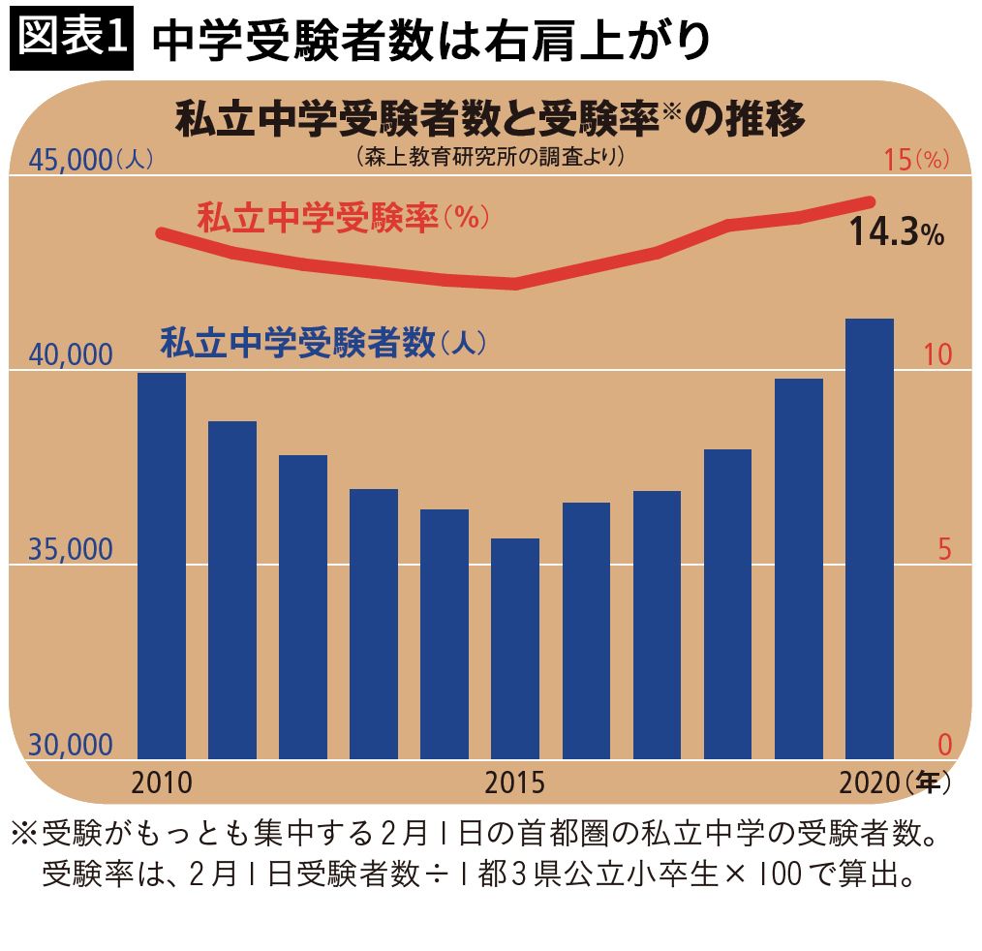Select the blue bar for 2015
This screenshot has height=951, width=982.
(515, 648)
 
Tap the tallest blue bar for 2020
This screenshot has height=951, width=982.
(869, 537)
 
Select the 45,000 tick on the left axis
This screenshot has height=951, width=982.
(72, 160)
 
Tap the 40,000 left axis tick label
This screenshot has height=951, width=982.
(72, 356)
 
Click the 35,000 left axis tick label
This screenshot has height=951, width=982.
(72, 550)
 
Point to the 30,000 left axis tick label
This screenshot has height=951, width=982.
(72, 744)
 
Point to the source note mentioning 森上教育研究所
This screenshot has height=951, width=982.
(488, 155)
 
